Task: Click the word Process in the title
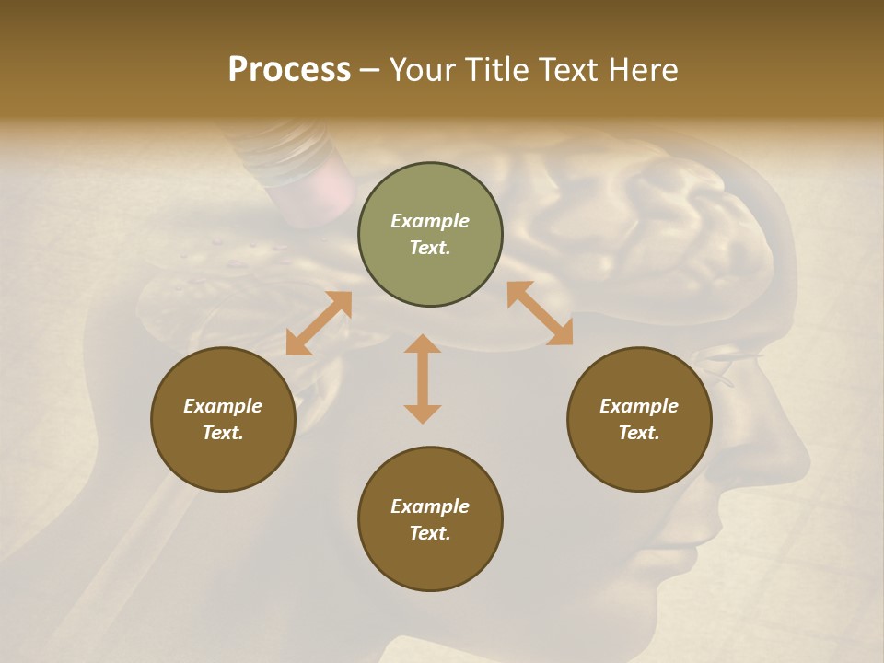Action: coord(289,70)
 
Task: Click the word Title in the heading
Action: coord(497,70)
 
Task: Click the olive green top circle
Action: coord(430,234)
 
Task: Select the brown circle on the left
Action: coord(223,419)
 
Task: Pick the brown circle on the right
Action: coord(639,419)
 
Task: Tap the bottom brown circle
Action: coord(430,518)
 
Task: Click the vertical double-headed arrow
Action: coord(423,378)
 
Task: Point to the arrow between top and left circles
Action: coord(319,323)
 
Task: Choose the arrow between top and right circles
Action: coord(540,313)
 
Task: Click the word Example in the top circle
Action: coord(430,221)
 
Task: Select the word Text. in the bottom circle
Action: coord(430,533)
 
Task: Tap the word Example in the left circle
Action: coord(223,406)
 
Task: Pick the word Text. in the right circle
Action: coord(639,433)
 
